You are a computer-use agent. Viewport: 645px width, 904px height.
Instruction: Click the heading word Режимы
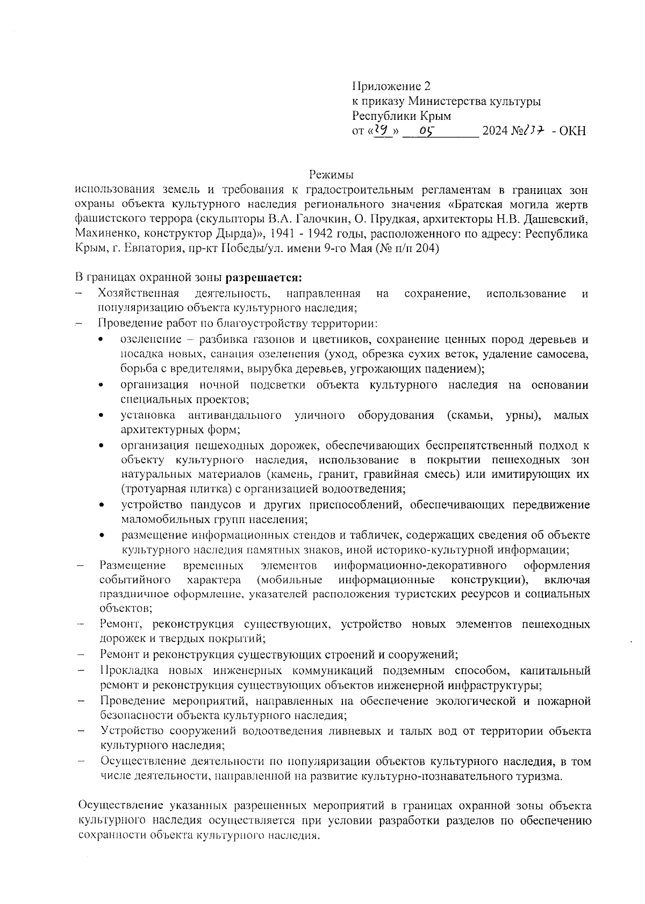click(x=331, y=175)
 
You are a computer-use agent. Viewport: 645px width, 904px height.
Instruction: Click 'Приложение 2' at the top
click(x=391, y=86)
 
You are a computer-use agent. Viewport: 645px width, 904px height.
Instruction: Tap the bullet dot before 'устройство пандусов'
click(x=102, y=505)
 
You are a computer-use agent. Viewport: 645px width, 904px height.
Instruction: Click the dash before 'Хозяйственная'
click(x=80, y=293)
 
